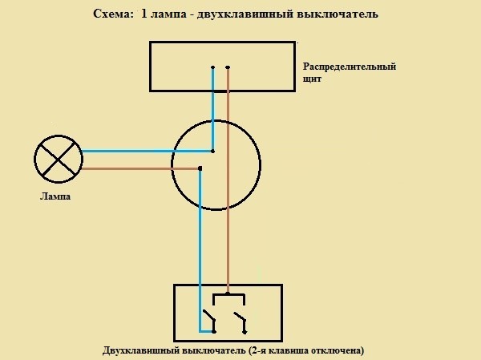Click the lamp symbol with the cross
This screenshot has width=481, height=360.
(x=59, y=158)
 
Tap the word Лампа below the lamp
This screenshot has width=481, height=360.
(x=55, y=196)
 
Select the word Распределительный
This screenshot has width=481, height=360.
(x=350, y=67)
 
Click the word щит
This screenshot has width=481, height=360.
(x=313, y=79)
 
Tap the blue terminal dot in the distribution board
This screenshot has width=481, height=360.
(x=213, y=67)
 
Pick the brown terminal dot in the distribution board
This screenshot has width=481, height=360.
(x=228, y=67)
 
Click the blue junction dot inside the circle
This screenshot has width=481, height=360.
(x=213, y=151)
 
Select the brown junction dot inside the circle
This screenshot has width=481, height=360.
(x=200, y=168)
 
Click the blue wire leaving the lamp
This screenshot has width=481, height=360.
(x=144, y=151)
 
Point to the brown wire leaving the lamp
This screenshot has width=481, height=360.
(x=136, y=168)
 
